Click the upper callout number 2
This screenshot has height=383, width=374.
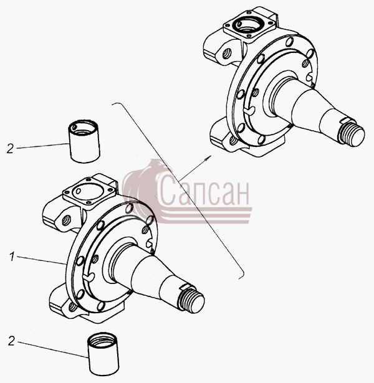10,148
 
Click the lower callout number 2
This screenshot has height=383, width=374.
11,341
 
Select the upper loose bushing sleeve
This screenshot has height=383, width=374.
84,141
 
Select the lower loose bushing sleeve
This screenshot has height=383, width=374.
103,354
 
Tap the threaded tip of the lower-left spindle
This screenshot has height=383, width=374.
193,301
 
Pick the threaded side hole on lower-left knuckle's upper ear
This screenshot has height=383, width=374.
65,220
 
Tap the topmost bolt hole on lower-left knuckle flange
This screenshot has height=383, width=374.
129,208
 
